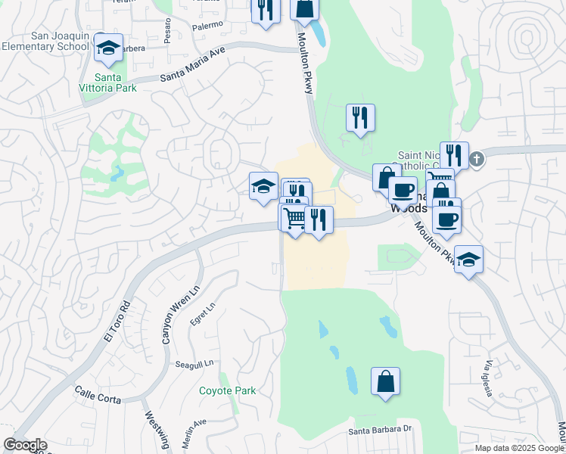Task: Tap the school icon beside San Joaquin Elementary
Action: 109,48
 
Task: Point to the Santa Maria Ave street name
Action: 194,66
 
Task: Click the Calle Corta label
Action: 98,393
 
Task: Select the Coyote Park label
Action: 227,391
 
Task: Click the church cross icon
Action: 475,160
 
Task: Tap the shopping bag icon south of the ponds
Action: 385,381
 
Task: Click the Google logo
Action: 25,445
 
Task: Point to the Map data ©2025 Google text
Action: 518,448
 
